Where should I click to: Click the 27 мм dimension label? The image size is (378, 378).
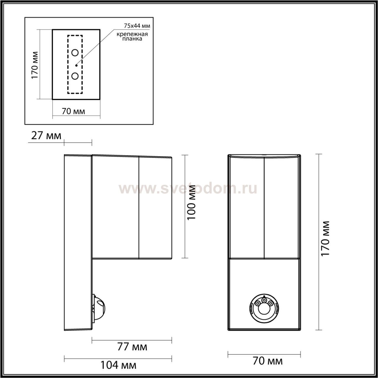pos(46,136)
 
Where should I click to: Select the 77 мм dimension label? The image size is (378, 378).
pos(132,347)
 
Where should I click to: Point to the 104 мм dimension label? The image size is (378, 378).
pos(118,365)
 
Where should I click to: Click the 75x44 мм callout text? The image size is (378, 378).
pos(137,26)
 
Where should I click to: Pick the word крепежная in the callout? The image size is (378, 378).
pos(132,34)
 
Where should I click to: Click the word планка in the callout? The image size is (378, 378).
pos(132,39)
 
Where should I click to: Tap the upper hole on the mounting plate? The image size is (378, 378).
pos(75,53)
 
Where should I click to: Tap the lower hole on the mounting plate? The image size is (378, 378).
pos(75,76)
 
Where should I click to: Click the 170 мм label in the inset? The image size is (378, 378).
pos(35,65)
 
